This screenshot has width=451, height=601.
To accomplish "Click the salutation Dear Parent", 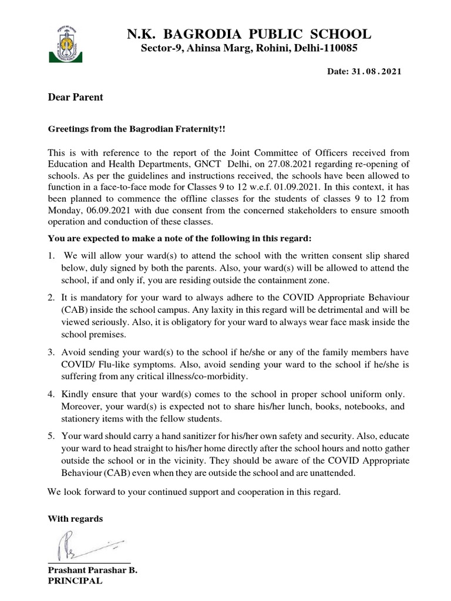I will (75, 97).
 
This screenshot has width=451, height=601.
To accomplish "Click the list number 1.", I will (51, 256).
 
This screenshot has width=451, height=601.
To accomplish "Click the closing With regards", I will (75, 519).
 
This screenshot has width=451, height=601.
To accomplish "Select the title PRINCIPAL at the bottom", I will (75, 581).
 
